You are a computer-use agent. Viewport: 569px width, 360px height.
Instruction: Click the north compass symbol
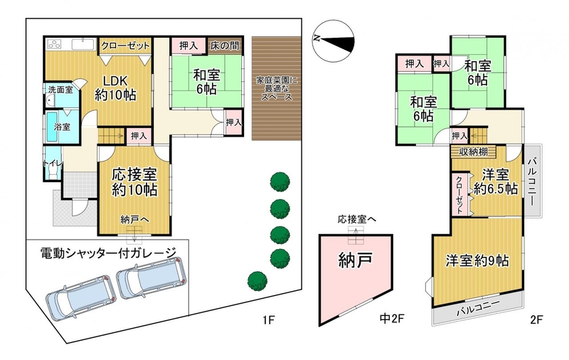click(333, 41)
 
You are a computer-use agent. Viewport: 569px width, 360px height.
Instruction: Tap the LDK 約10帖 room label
click(115, 88)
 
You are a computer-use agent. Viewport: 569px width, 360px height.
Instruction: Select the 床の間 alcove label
click(225, 46)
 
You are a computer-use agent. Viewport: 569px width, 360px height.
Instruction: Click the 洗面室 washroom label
click(60, 90)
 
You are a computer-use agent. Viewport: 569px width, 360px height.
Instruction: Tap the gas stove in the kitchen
click(55, 45)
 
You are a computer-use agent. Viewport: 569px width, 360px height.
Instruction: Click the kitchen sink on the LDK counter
click(83, 44)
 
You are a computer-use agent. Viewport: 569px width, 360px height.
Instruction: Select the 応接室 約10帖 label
click(134, 182)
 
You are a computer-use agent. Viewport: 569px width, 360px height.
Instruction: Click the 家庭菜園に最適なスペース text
click(277, 88)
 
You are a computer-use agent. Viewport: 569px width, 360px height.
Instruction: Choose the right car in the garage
click(151, 277)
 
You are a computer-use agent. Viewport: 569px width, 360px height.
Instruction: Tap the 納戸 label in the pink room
click(355, 260)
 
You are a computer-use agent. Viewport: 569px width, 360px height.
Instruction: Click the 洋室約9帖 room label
click(477, 260)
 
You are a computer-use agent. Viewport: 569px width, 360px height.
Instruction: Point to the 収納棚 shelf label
click(474, 152)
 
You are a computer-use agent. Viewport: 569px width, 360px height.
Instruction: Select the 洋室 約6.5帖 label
click(496, 182)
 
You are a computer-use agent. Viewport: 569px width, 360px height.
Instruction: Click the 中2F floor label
click(392, 319)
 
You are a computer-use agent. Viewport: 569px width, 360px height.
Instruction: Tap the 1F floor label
click(270, 320)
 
